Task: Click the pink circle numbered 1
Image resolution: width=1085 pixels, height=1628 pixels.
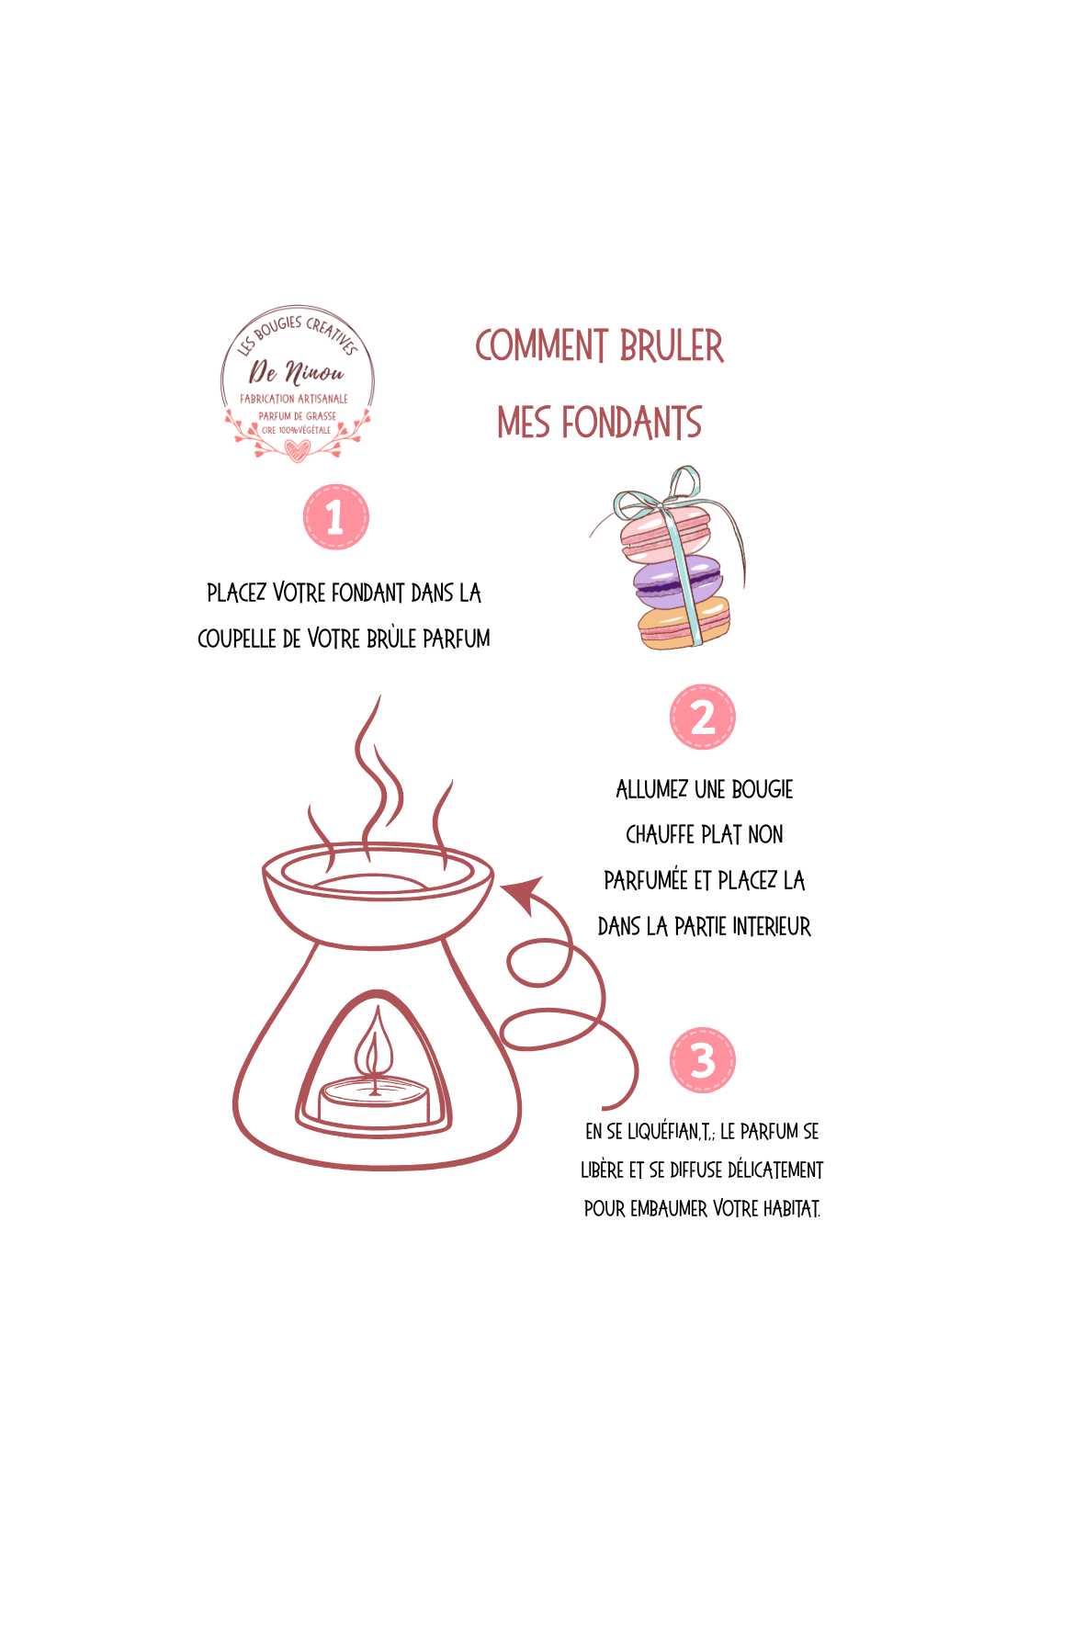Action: [x=335, y=517]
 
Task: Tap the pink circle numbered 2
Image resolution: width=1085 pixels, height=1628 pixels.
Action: [x=703, y=717]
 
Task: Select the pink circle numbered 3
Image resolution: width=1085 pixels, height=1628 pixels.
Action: [x=703, y=1060]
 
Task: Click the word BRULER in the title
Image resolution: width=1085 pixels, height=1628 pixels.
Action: [x=672, y=346]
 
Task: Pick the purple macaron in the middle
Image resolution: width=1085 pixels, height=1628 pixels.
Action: [x=677, y=577]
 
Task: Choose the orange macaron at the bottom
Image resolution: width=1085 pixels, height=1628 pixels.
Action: [x=684, y=624]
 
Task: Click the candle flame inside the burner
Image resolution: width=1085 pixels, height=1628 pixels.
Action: [x=374, y=1048]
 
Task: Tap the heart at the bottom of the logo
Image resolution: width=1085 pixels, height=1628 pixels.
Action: [x=296, y=450]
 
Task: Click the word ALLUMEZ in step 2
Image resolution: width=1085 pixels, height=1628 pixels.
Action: [x=651, y=789]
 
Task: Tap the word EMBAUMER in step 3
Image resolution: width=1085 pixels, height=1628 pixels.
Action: [x=669, y=1208]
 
